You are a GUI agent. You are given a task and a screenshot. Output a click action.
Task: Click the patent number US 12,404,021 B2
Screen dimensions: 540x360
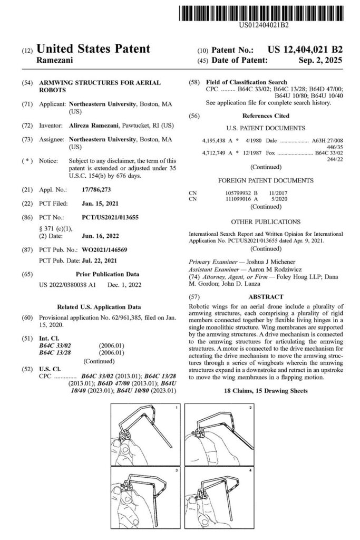(x=305, y=50)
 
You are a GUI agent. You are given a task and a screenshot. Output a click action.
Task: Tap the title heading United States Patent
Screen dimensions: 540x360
(x=93, y=50)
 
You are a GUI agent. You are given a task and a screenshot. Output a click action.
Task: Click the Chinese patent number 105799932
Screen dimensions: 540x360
(x=238, y=194)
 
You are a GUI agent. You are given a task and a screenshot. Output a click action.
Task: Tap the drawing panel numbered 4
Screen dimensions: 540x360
(x=219, y=496)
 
